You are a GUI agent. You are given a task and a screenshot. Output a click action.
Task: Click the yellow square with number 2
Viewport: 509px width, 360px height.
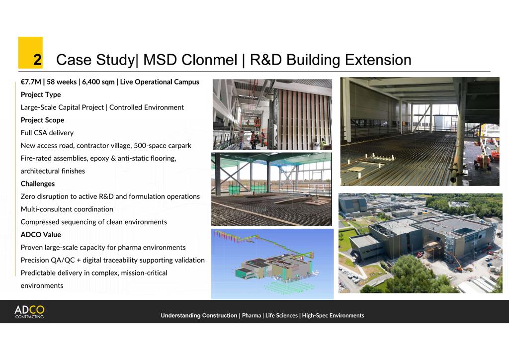[x=30, y=53]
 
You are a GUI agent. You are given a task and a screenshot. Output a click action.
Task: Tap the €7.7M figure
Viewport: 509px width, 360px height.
[x=31, y=82]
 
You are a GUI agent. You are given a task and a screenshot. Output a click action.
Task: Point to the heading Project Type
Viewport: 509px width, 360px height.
[x=41, y=94]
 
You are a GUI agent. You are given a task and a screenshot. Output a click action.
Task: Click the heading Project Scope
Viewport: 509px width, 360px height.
[x=42, y=120]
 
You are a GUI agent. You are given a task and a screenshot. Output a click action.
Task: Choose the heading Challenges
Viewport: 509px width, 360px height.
[x=38, y=183]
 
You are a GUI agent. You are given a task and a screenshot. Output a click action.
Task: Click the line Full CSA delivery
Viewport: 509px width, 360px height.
[x=47, y=133]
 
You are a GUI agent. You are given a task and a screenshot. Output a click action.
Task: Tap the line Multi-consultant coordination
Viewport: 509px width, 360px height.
[x=67, y=209]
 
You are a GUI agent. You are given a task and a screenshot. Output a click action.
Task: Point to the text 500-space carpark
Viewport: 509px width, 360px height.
[x=163, y=146]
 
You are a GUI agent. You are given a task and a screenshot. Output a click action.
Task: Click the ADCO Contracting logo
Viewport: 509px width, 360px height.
[x=29, y=312]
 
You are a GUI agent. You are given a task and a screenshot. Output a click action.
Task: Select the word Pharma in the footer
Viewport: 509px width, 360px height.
[x=252, y=315]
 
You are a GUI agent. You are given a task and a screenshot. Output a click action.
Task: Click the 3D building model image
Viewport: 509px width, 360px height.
[x=272, y=264]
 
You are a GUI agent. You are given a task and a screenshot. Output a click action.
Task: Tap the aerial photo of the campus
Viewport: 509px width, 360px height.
[x=420, y=243]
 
